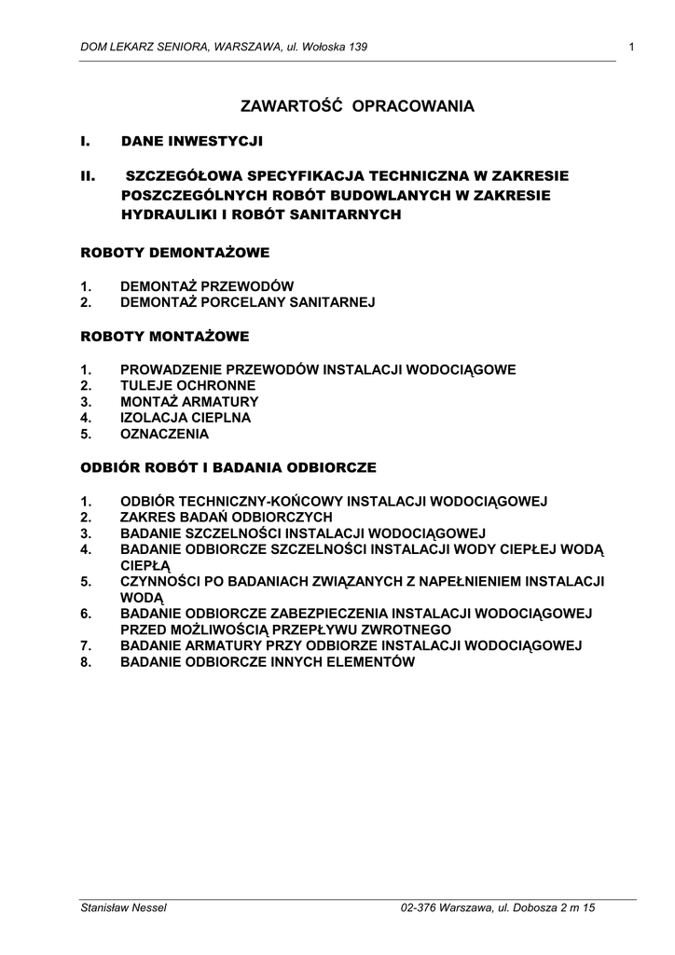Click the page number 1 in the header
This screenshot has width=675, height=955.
[632, 48]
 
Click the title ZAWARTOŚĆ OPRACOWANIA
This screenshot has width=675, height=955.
[357, 106]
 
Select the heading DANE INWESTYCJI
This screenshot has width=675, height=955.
[192, 142]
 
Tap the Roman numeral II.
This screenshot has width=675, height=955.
[90, 175]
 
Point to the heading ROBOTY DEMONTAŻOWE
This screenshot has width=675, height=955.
[175, 253]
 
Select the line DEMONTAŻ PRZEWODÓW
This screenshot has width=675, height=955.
[207, 286]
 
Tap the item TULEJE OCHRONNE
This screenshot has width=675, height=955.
[187, 385]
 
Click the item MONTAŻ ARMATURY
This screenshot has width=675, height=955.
[189, 402]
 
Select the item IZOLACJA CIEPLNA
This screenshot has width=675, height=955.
[186, 418]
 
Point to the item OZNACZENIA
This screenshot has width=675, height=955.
[165, 434]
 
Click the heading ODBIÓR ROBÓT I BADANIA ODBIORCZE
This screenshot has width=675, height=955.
[228, 467]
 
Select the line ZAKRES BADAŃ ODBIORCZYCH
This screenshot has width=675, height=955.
[227, 517]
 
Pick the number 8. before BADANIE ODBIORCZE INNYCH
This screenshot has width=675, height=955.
[86, 662]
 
